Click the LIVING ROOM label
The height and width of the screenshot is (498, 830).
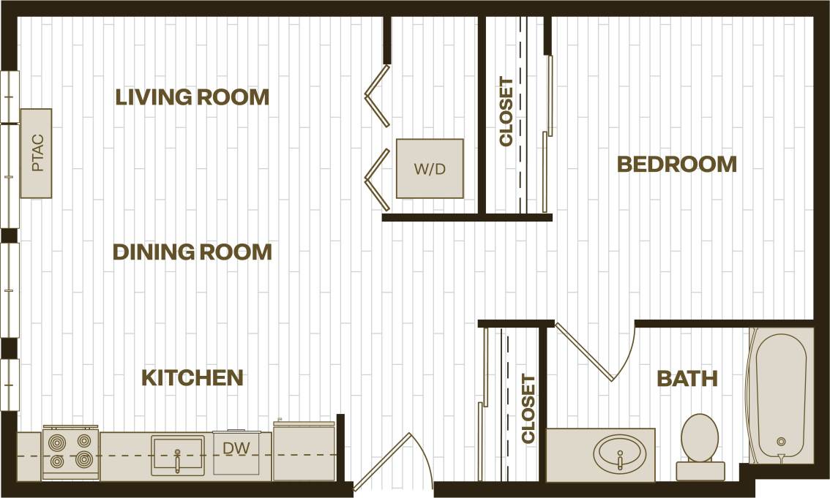(192, 97)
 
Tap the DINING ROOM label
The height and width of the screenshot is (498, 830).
(192, 252)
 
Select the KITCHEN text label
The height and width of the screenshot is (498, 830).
(192, 378)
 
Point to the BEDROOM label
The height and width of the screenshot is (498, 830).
(677, 164)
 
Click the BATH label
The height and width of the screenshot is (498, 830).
(687, 378)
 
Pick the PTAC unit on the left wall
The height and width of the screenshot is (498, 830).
(36, 153)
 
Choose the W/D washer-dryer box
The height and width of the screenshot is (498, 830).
(430, 169)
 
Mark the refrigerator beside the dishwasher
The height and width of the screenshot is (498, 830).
(304, 451)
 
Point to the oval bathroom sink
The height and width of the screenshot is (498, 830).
(619, 455)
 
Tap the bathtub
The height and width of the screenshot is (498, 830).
(781, 395)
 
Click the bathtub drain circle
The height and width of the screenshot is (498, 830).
(781, 442)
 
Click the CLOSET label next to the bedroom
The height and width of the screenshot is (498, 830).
(506, 112)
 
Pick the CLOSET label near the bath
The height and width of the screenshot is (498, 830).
(528, 409)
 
